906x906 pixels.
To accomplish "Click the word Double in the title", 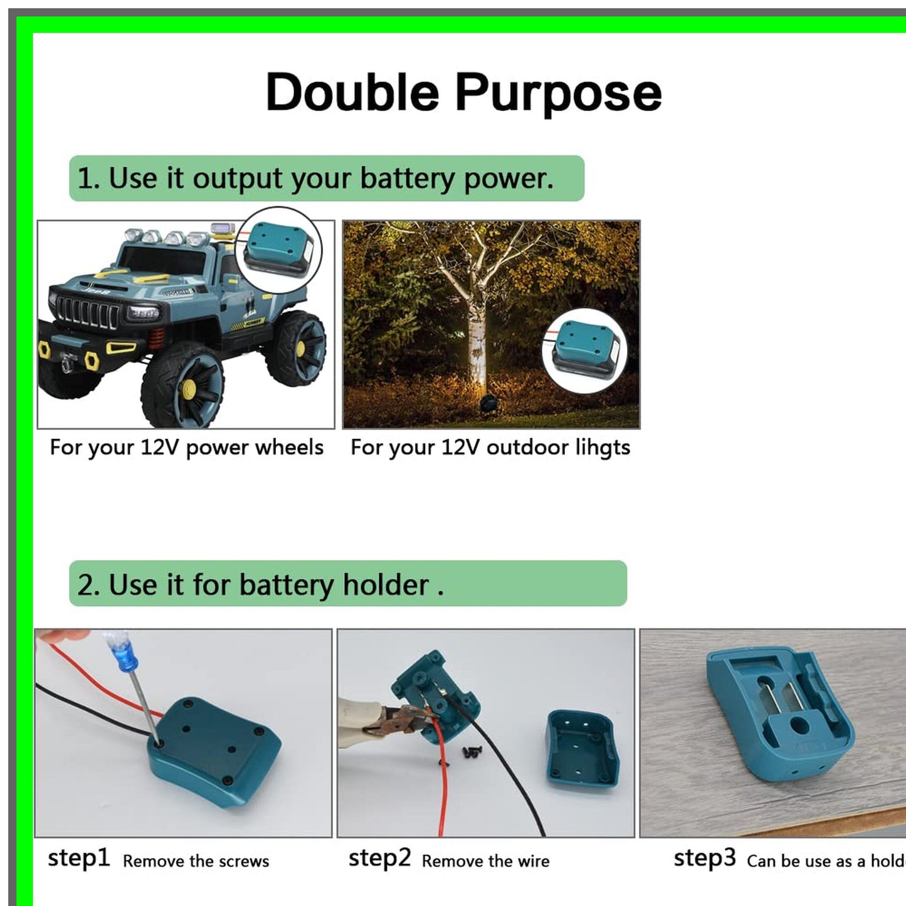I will click(352, 93).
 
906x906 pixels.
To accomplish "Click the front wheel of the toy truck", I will click(183, 385).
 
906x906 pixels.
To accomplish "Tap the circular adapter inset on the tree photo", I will click(584, 350).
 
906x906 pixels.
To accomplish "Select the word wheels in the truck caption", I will click(290, 448).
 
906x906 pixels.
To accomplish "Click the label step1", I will click(79, 858).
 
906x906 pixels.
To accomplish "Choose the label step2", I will click(379, 858).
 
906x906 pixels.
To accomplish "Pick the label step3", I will click(705, 858).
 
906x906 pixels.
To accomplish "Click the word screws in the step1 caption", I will click(245, 861).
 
